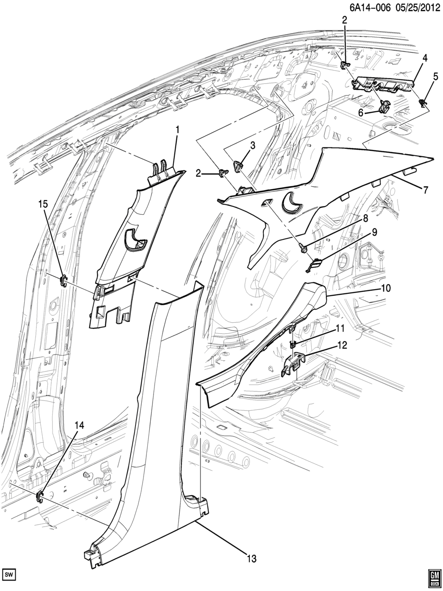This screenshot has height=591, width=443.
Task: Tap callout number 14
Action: point(79,426)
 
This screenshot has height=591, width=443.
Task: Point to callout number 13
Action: point(251,559)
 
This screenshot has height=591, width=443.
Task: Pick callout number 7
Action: point(425,191)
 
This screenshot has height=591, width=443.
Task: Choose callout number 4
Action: point(425,58)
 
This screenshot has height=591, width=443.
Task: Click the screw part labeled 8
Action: point(303,248)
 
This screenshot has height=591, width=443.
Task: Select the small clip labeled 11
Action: point(293,344)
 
